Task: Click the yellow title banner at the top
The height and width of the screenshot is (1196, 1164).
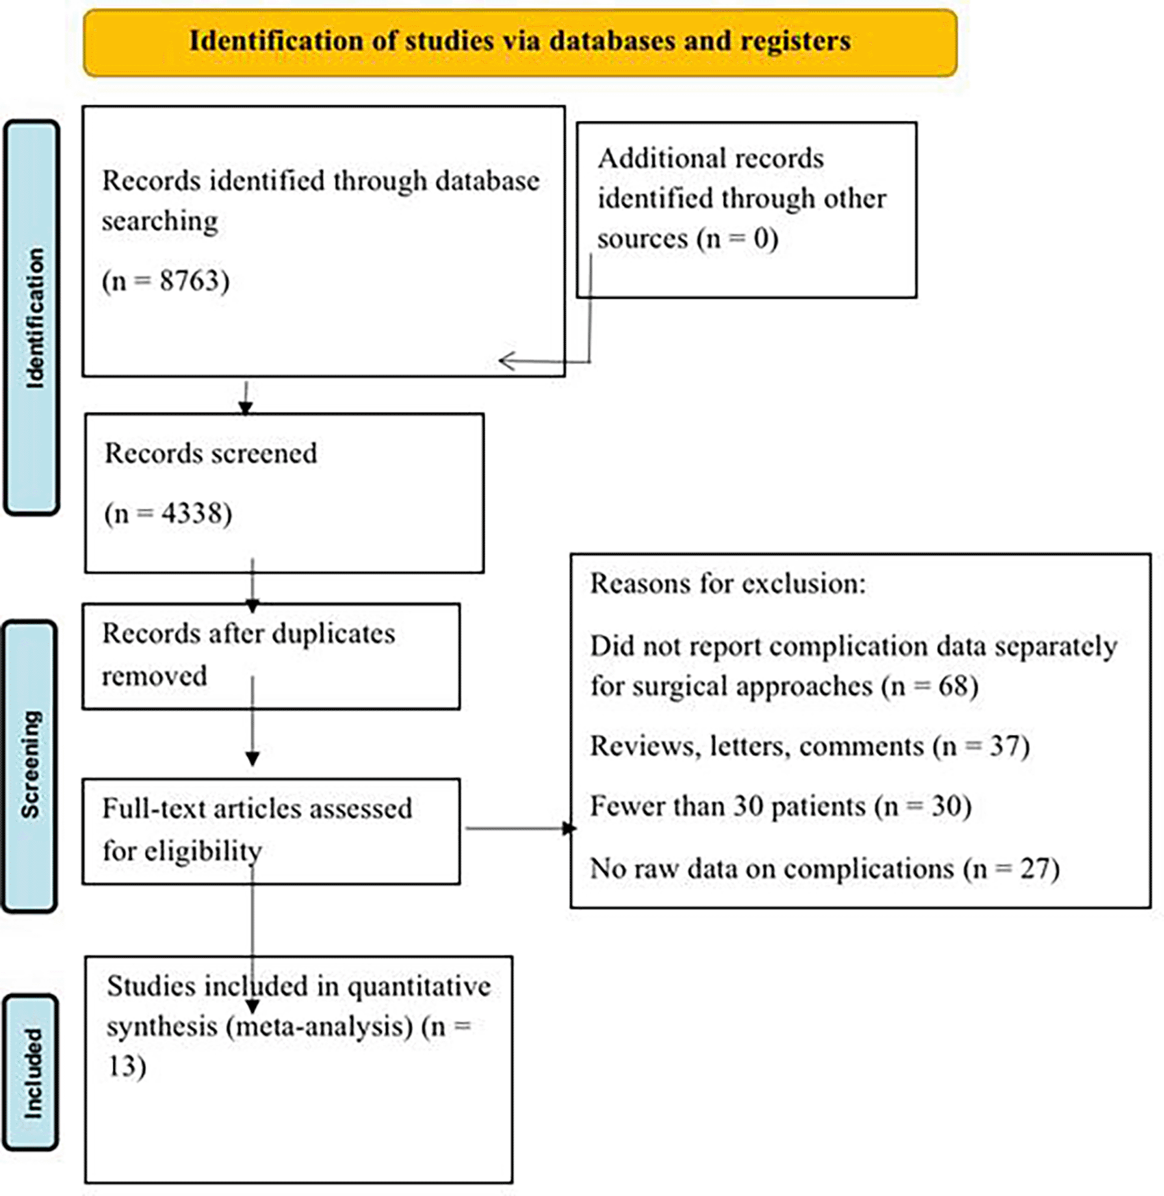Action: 520,42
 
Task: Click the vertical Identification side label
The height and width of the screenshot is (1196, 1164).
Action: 33,318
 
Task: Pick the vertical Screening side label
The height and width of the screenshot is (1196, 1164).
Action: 31,765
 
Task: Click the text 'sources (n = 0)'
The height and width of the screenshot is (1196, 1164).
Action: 688,239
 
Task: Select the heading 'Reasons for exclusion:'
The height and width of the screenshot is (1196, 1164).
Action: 728,584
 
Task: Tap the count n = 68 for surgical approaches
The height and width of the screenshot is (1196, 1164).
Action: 931,686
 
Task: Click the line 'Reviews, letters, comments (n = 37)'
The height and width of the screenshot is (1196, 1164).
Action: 810,746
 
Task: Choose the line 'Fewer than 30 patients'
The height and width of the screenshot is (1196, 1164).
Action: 727,806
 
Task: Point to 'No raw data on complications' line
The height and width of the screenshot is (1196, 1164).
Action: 772,869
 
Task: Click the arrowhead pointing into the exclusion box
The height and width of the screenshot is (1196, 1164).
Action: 569,829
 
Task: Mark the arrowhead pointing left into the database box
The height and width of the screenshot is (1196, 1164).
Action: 506,361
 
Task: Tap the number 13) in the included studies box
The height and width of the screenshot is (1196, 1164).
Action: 127,1066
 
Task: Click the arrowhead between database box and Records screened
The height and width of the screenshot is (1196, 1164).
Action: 246,408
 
